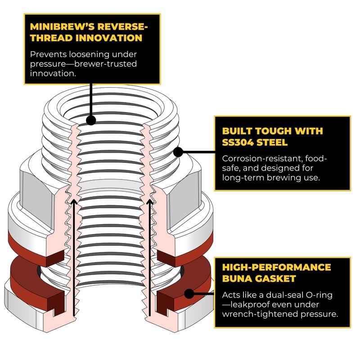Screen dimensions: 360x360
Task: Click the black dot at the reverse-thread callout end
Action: [91, 120]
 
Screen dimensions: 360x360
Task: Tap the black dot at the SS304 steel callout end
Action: [178, 152]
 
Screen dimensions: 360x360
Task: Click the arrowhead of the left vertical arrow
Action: [73, 200]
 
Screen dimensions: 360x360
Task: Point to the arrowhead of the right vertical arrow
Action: [148, 200]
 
